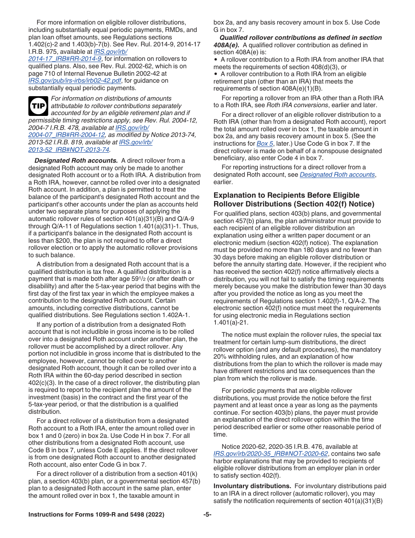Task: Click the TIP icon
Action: [x=38, y=105]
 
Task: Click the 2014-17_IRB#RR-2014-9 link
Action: [x=65, y=59]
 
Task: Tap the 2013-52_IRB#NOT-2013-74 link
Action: [x=69, y=150]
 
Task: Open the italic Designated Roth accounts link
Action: [x=337, y=175]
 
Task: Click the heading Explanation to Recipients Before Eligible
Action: [x=286, y=195]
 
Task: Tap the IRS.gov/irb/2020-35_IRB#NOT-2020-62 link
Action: [x=270, y=454]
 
